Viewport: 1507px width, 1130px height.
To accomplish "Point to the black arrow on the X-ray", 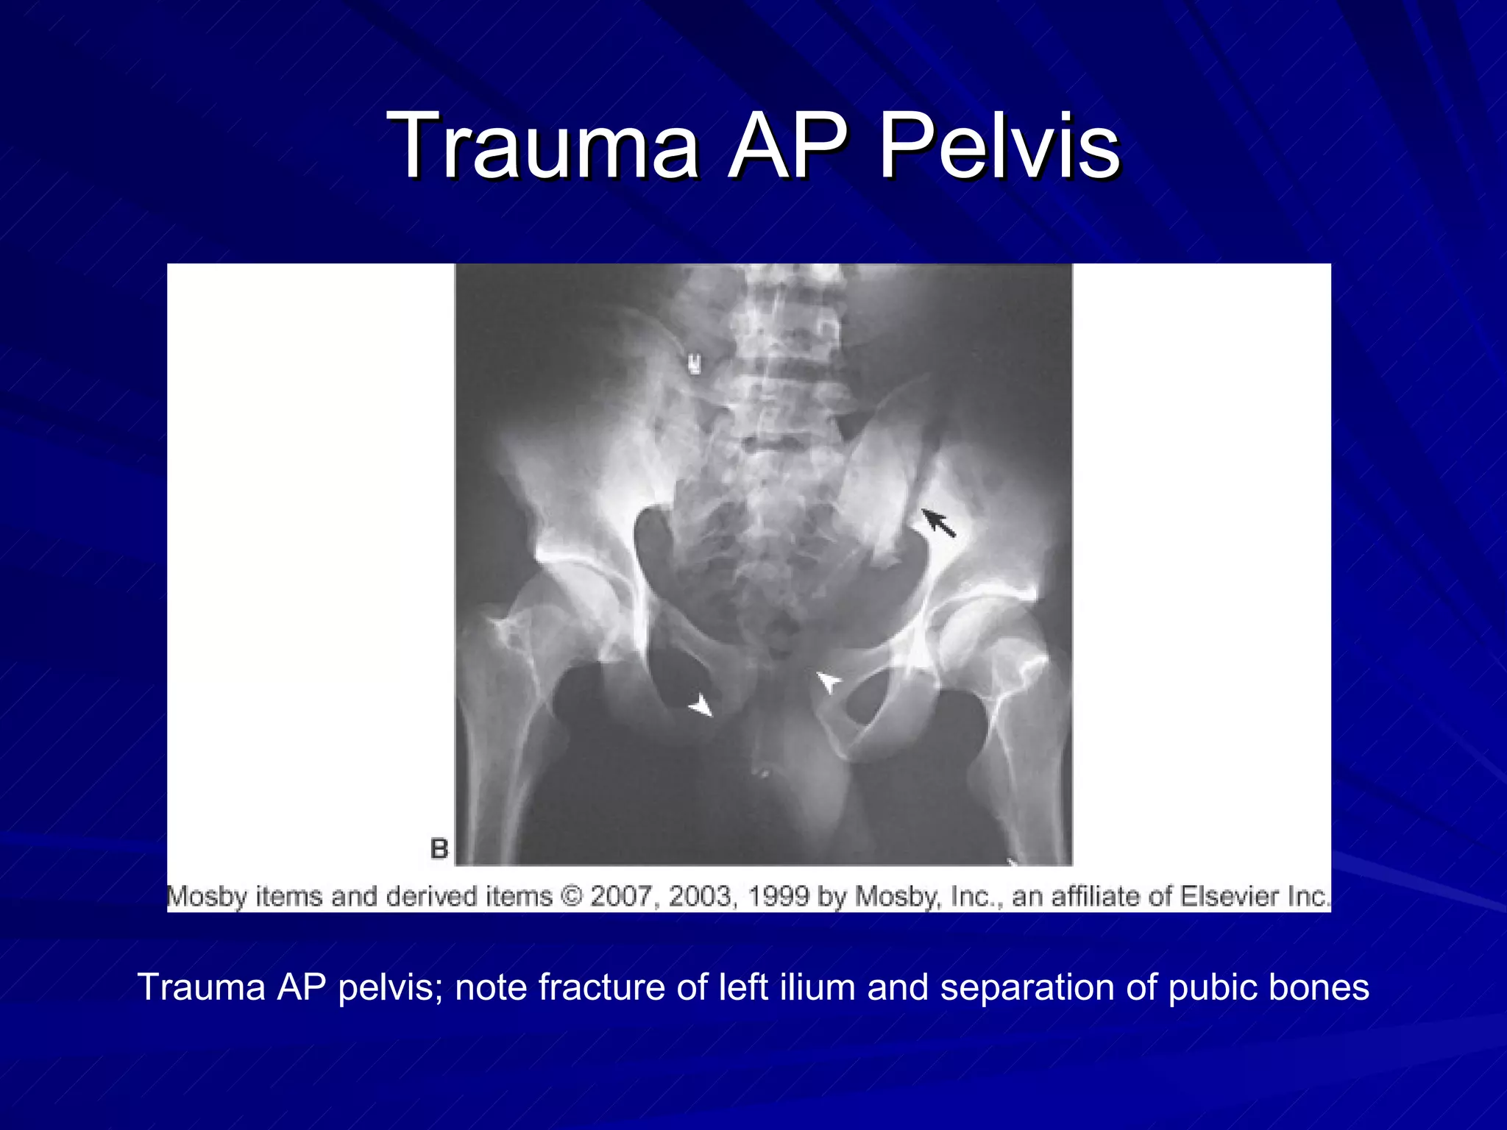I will click(940, 524).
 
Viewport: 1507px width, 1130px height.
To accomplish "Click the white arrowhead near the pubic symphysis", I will click(829, 681).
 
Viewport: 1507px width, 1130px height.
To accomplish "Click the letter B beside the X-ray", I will click(439, 848).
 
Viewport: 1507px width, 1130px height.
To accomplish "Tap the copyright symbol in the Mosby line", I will click(571, 896).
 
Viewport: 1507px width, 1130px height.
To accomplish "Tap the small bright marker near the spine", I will click(692, 363).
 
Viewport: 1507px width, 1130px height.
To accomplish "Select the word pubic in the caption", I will click(1210, 987).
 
